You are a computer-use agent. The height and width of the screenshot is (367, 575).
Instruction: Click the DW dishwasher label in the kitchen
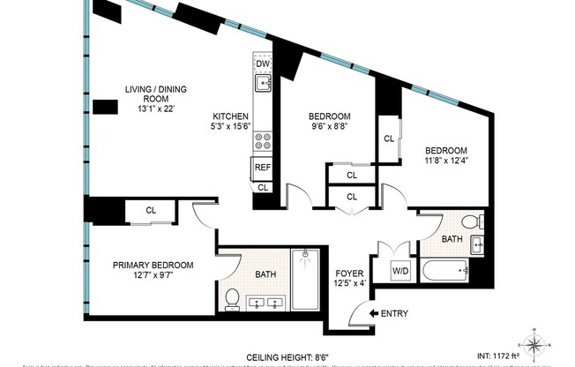click(262, 64)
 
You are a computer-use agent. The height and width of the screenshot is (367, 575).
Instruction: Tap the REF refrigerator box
click(262, 168)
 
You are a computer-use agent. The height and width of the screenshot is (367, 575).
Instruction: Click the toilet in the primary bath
click(233, 300)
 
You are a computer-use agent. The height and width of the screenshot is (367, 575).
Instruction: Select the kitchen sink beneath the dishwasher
click(262, 84)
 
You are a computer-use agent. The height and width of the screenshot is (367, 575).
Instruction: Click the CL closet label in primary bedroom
click(151, 210)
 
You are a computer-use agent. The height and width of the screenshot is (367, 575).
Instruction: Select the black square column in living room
click(106, 108)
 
